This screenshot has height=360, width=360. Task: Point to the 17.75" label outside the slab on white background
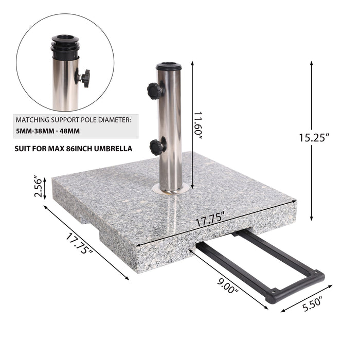pos(80,244)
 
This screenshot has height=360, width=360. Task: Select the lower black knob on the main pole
pos(157,147)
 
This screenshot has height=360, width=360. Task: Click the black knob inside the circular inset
pos(83,78)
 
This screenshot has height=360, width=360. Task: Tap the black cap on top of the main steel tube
pos(169,66)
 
